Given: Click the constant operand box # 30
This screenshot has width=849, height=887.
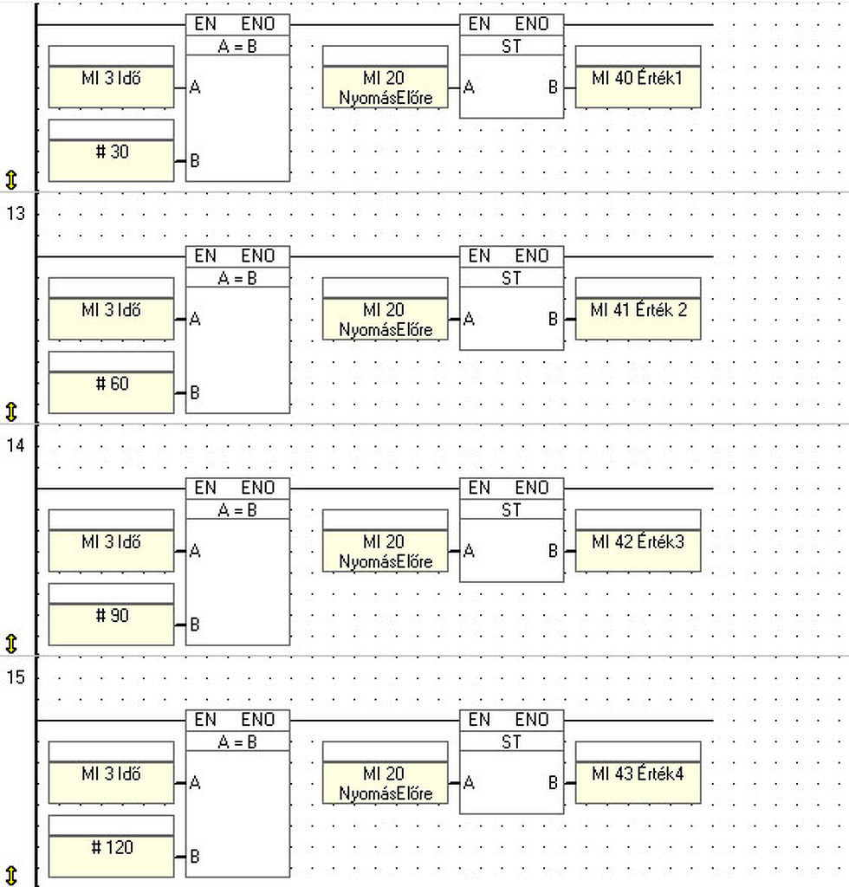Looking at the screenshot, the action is tap(112, 151).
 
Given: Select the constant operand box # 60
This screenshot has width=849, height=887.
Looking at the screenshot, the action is tap(112, 382).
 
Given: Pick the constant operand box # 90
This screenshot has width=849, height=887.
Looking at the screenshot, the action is tap(112, 614).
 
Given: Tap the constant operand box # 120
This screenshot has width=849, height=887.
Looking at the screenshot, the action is tap(112, 846).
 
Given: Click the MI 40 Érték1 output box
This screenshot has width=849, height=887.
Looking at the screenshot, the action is tap(638, 77).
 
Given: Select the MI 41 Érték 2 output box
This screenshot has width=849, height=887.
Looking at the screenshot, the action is tap(638, 309).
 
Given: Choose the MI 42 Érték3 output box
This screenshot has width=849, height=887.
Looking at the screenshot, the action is tap(638, 541).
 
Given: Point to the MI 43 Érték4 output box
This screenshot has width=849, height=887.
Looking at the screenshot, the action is tap(638, 773).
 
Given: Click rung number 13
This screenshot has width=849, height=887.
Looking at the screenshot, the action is tap(16, 213).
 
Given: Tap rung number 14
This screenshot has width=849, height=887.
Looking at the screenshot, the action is tap(16, 445).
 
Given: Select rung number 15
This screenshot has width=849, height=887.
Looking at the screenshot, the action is tap(16, 677).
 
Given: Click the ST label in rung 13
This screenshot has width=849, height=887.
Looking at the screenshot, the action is tap(511, 278).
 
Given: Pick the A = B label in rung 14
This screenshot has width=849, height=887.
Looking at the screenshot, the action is tap(237, 510).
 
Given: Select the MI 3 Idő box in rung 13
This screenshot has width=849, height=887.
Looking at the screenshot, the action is tap(112, 309).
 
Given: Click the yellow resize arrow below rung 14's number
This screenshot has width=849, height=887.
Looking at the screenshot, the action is tap(11, 644).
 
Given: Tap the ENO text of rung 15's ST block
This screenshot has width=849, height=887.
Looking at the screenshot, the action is tap(532, 720).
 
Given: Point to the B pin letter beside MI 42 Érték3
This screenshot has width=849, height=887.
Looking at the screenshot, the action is tap(554, 551).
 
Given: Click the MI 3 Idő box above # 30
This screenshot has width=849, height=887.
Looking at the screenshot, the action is tap(112, 77).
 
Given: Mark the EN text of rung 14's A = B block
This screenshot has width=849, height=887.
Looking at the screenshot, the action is tap(205, 488).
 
